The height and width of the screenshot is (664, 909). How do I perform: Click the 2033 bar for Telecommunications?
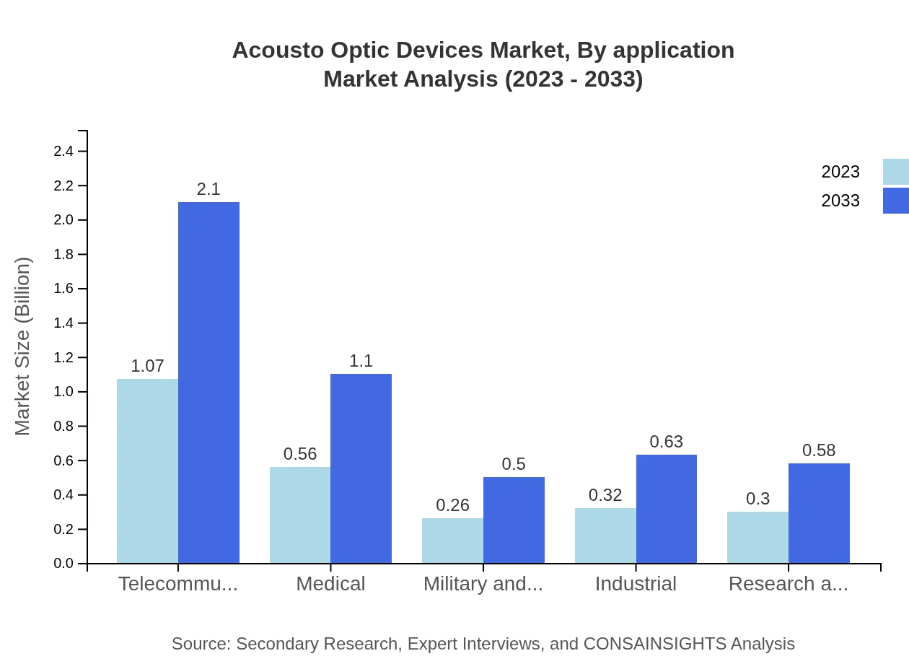coord(208,383)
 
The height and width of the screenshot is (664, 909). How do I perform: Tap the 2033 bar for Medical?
coord(361,468)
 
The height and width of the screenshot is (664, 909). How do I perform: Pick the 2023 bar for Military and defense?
coord(452,541)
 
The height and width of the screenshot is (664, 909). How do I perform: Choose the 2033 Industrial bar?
coord(666,509)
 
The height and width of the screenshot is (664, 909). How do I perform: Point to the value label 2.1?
coord(208,189)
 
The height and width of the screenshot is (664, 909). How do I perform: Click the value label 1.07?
coord(147,366)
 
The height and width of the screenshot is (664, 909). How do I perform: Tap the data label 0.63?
coord(666,442)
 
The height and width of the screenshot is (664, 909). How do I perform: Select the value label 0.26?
coord(452,505)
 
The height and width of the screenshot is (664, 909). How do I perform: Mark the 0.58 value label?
coord(819,450)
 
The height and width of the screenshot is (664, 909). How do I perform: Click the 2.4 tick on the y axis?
coord(63,152)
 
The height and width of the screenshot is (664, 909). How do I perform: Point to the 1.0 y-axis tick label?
coord(63,392)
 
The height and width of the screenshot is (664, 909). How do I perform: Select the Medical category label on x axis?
coord(330,584)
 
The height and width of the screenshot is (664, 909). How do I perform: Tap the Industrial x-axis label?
coord(636,584)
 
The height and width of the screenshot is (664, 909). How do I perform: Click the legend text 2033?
coord(840,201)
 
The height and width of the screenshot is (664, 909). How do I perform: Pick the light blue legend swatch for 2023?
coord(895,172)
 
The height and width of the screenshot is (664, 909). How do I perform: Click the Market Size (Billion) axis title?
coord(23,346)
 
